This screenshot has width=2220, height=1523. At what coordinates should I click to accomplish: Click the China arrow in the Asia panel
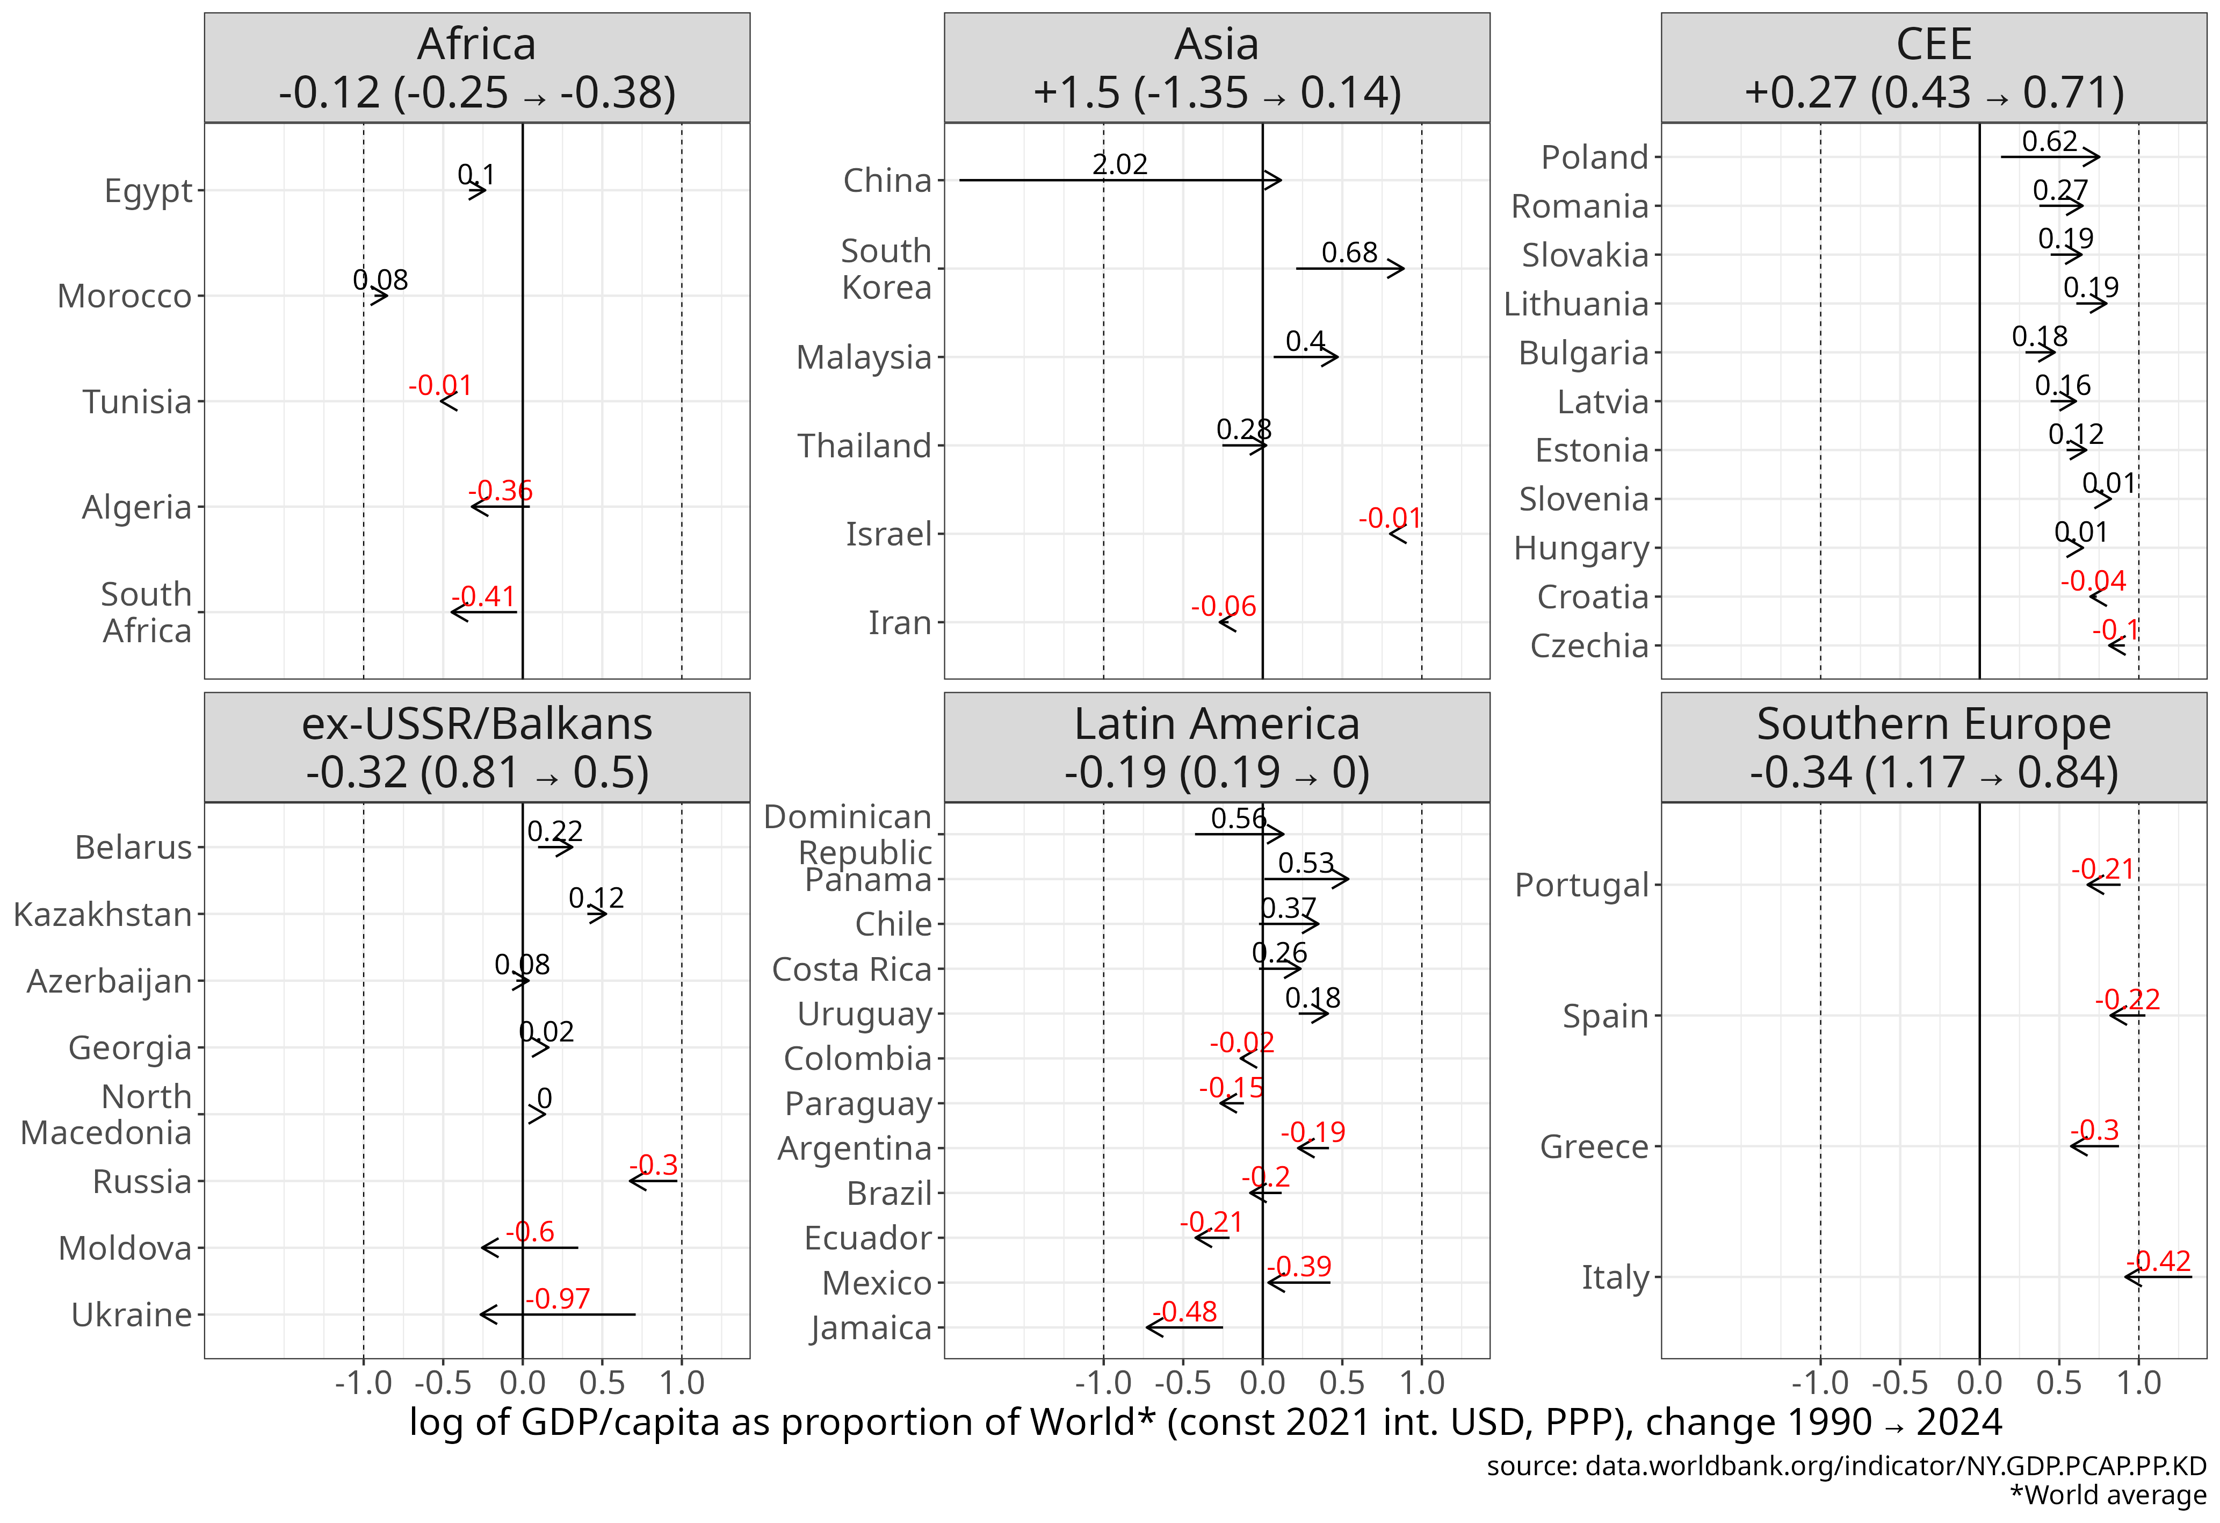click(x=1119, y=179)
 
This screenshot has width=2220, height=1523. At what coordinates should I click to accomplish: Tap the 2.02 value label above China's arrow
click(x=1119, y=164)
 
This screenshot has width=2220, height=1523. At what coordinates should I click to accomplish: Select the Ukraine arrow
click(x=558, y=1314)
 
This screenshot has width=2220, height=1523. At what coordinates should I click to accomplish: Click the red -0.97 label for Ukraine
click(x=558, y=1298)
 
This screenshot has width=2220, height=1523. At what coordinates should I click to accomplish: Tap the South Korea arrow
click(x=1350, y=269)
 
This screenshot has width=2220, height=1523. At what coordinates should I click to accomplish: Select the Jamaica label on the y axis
click(x=871, y=1328)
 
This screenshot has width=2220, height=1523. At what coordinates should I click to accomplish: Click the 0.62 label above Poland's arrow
click(x=2050, y=141)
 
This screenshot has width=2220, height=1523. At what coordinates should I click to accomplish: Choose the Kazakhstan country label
click(x=103, y=914)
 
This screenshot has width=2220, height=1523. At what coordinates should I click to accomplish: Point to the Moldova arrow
click(x=530, y=1248)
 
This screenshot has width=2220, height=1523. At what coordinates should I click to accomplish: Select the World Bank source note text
click(x=1846, y=1465)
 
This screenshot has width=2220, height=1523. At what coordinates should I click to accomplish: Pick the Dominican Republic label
click(x=848, y=834)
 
